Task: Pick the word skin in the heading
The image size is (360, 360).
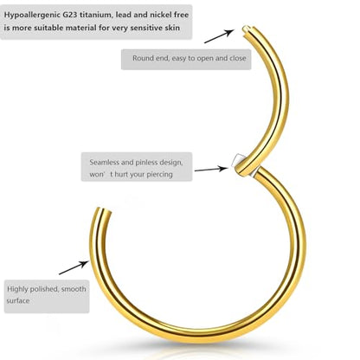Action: coord(172,28)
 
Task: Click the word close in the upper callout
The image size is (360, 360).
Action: coord(238,58)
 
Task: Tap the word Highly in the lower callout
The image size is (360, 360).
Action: coord(17,289)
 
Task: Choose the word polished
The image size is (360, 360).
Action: coord(45,289)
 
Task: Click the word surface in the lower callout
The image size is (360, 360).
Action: coord(18,301)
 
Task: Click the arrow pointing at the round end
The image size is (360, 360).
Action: coord(219,36)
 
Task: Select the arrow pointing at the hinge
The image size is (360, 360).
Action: coord(211,169)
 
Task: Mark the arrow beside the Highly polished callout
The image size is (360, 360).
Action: coord(74,267)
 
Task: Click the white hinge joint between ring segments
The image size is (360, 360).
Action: coord(237,159)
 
